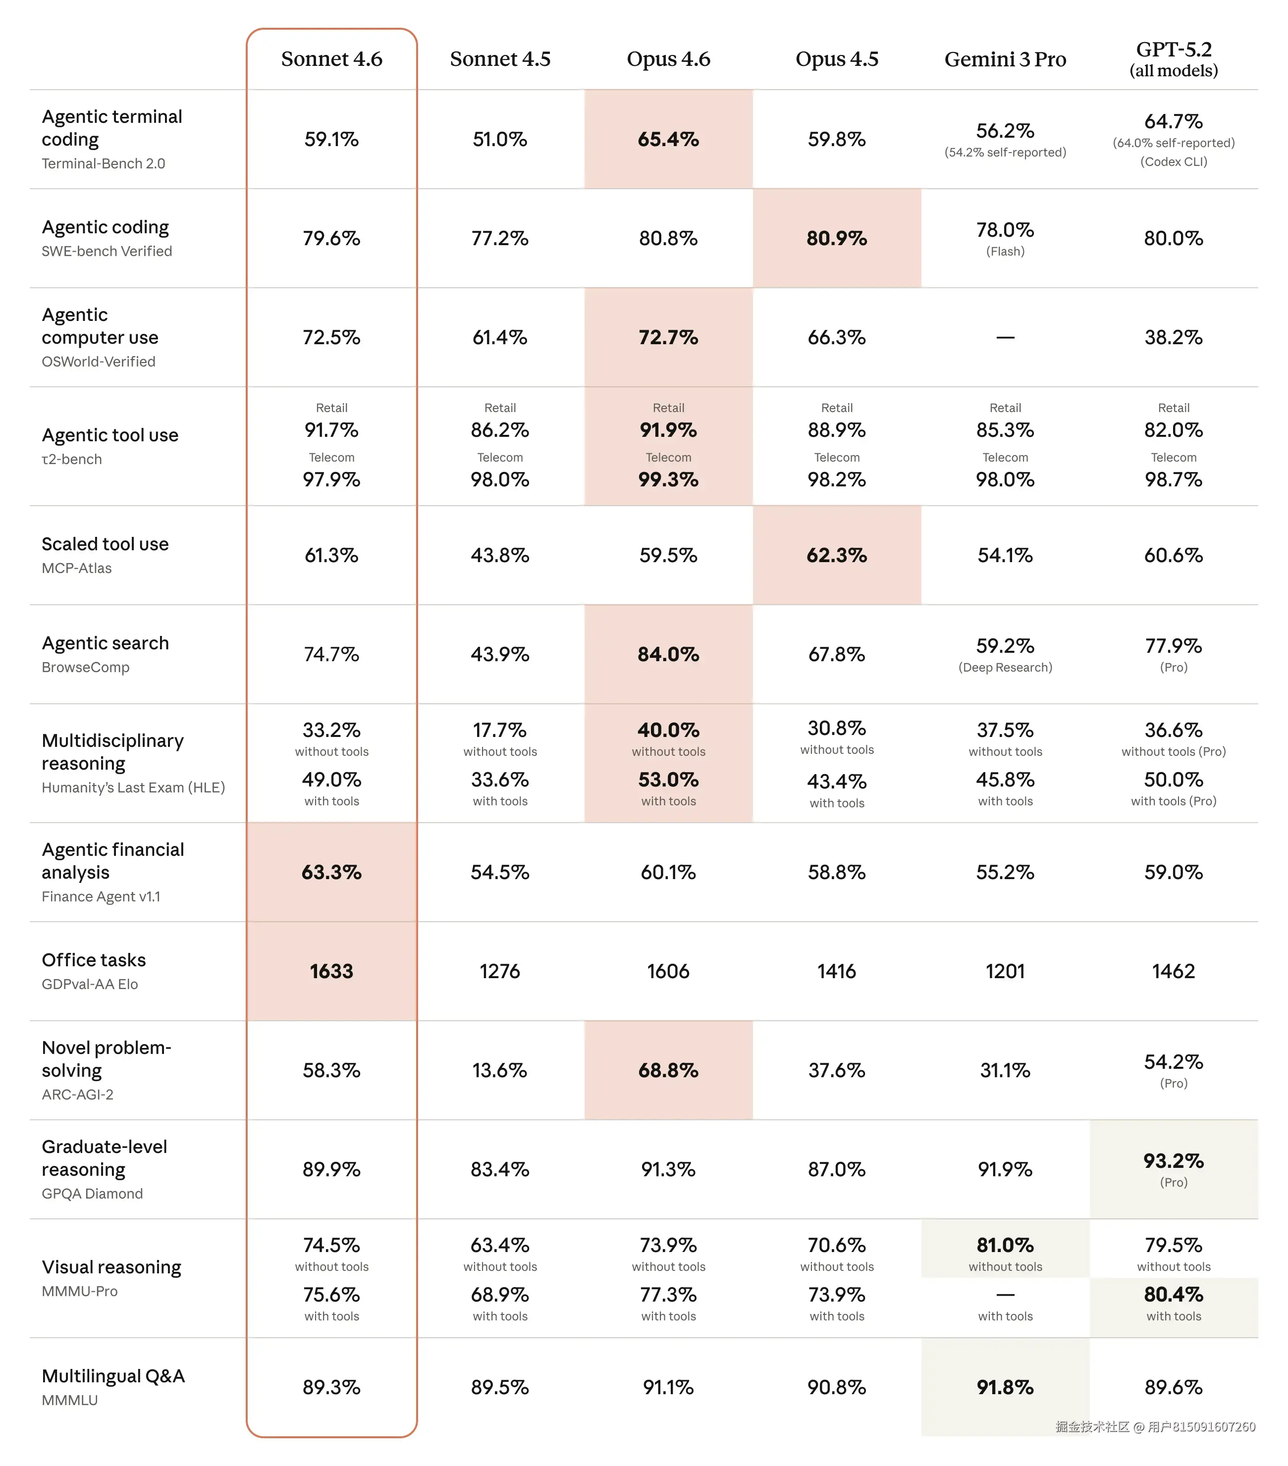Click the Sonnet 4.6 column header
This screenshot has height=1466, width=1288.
click(331, 59)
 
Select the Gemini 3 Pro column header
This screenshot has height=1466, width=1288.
click(1005, 59)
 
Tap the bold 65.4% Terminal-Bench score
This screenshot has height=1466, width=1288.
click(668, 139)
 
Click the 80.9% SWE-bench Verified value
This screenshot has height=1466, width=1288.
click(837, 238)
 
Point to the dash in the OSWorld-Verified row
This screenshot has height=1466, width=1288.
click(1005, 337)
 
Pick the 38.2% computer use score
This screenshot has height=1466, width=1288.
click(1173, 337)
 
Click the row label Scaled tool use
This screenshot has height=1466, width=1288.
click(105, 544)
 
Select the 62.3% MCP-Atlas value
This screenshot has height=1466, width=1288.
click(837, 555)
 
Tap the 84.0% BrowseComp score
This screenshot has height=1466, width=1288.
click(668, 654)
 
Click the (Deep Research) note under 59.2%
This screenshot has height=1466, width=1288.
click(1005, 668)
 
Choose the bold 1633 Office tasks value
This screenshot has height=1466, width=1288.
click(331, 971)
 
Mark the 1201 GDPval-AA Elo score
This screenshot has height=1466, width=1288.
click(1005, 971)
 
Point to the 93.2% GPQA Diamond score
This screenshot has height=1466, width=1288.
click(1173, 1160)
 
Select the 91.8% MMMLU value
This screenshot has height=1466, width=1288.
click(1005, 1387)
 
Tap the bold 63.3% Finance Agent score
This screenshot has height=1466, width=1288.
click(331, 872)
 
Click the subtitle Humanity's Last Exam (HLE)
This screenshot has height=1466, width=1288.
click(133, 787)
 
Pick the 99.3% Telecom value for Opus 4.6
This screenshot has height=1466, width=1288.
click(668, 479)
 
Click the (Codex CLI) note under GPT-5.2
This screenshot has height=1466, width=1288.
click(1173, 161)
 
